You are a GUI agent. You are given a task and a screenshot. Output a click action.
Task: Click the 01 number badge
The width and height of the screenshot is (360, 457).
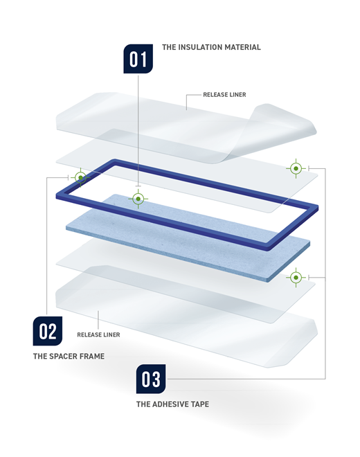[x=138, y=59]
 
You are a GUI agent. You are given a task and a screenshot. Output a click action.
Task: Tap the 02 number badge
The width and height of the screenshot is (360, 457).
[x=48, y=331]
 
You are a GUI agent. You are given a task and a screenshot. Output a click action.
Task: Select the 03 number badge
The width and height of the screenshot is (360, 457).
[x=151, y=379]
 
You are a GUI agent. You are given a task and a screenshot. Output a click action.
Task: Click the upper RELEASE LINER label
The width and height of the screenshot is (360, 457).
[x=224, y=95]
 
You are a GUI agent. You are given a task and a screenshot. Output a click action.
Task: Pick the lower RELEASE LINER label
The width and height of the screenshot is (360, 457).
[x=98, y=334]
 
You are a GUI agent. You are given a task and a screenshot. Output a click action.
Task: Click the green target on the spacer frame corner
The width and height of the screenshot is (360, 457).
[x=81, y=177]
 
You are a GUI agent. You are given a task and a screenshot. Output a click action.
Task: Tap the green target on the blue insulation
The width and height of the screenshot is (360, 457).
[x=138, y=199]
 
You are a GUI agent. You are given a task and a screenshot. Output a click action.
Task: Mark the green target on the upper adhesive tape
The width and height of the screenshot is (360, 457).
[x=296, y=168]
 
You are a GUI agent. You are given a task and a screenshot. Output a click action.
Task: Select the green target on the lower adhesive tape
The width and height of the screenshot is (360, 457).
[x=296, y=278]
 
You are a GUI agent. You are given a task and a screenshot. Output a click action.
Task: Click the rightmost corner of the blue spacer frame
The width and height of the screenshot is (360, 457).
[x=318, y=208]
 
